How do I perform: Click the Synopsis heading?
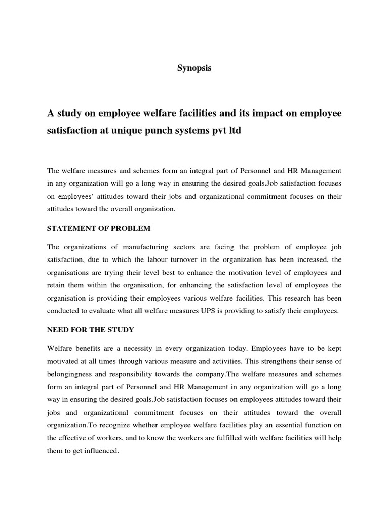click(194, 68)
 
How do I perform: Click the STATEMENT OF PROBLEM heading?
click(99, 228)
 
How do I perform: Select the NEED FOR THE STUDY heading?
click(91, 330)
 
